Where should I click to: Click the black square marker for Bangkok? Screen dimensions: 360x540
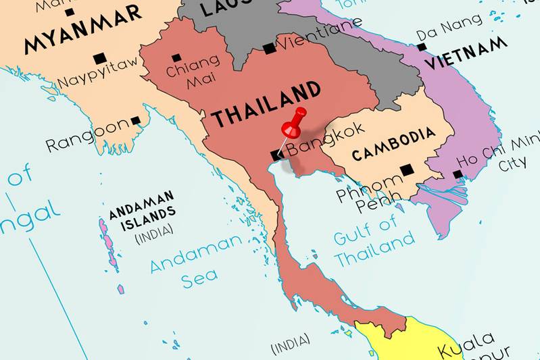point(276,155)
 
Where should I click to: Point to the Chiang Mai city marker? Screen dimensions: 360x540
point(176,58)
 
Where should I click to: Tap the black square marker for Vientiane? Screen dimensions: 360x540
point(269,48)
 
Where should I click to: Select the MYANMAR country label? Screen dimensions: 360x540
point(82,28)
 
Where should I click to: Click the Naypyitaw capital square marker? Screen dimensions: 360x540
point(100,58)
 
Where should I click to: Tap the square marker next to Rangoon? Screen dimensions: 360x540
point(136,121)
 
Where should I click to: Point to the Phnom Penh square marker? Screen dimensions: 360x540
point(406,170)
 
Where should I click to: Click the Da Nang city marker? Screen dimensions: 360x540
point(422,47)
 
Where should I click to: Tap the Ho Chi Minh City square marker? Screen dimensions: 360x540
point(458,175)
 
